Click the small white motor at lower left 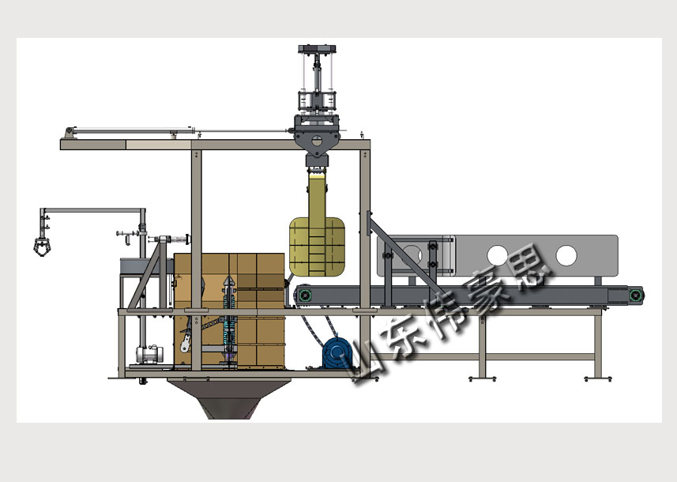click(148, 354)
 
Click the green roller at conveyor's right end click(635, 296)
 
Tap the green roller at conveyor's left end click(306, 295)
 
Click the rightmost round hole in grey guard click(566, 255)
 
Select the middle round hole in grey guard click(498, 255)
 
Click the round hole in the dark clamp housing click(317, 141)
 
